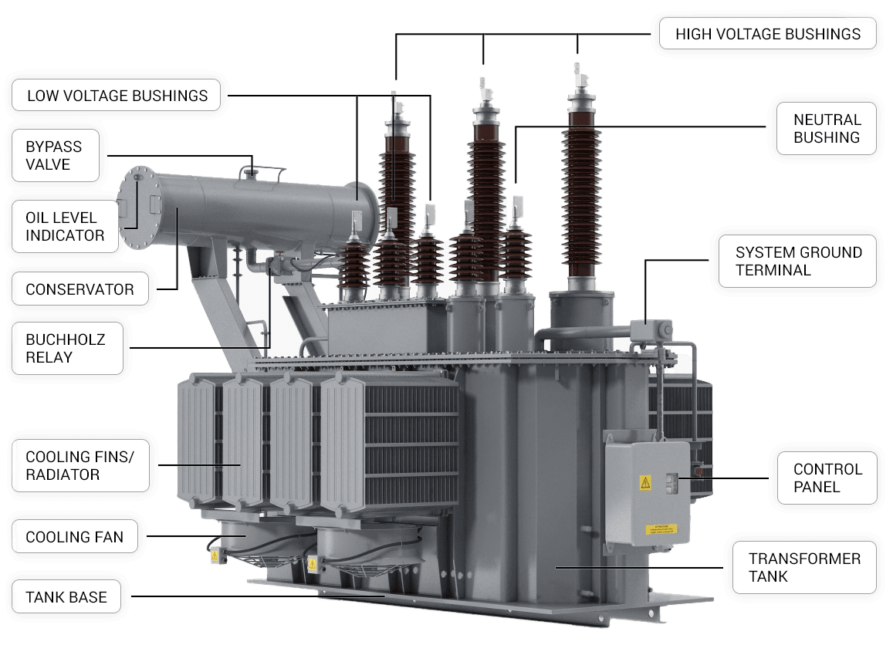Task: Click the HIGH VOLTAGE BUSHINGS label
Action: (768, 34)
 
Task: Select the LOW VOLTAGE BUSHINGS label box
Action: (117, 95)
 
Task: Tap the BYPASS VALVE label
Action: (56, 155)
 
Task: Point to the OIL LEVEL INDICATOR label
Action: (65, 227)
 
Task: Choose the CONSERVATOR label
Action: (80, 289)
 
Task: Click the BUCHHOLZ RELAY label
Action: (67, 349)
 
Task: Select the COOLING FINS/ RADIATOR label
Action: (80, 466)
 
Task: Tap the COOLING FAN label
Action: (75, 536)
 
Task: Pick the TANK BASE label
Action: (66, 596)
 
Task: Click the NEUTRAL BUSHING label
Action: (827, 129)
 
